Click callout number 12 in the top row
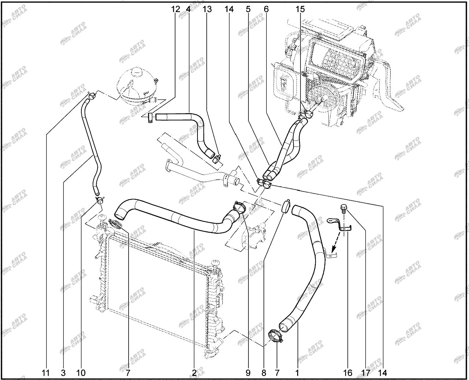[176, 9]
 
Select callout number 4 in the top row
[188, 9]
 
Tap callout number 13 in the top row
[207, 9]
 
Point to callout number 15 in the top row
[300, 9]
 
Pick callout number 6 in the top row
[266, 9]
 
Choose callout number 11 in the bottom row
[45, 373]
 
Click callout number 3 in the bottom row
[63, 373]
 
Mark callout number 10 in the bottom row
[81, 373]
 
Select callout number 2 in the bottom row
[194, 373]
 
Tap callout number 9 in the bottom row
[248, 373]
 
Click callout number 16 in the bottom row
[347, 373]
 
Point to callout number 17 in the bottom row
[365, 373]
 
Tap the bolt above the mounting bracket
[344, 208]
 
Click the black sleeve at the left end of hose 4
[150, 118]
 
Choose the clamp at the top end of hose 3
[92, 96]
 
